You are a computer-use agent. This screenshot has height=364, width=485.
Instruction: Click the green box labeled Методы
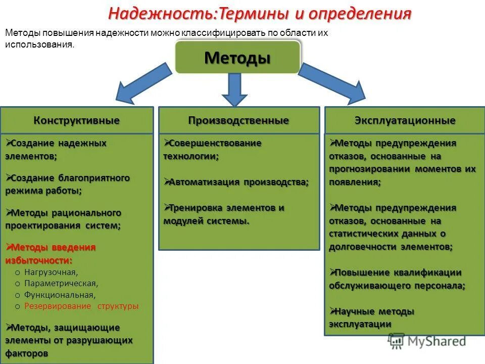237,58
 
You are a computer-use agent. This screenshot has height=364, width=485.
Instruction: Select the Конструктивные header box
77,120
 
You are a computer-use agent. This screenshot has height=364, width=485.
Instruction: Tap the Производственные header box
239,120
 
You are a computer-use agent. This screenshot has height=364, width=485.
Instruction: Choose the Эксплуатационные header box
405,120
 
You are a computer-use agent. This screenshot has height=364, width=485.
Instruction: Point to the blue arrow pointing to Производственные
234,89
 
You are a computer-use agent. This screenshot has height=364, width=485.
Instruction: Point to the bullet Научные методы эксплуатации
371,317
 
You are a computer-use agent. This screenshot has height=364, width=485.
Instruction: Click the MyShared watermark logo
427,341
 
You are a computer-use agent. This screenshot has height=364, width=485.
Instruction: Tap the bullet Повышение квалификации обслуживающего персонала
397,279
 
